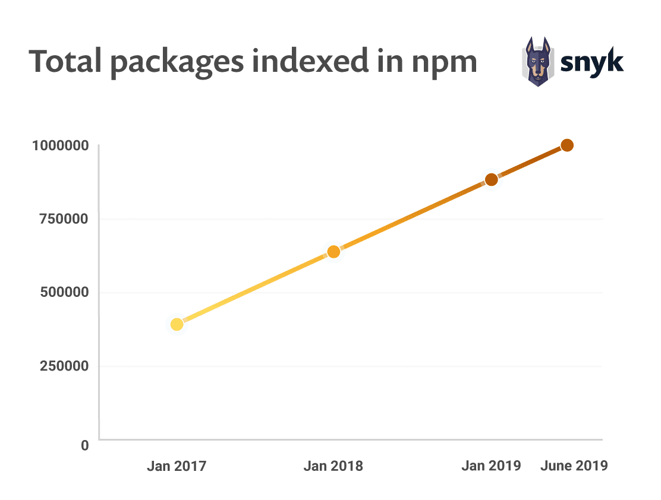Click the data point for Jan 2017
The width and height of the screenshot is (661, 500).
point(177,324)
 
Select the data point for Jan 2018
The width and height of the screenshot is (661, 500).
point(333,251)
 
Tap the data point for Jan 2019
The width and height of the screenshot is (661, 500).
point(491,179)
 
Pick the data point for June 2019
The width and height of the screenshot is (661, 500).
point(568,145)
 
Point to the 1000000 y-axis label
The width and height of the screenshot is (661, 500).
point(61,145)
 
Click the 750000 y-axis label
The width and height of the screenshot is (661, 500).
point(64,219)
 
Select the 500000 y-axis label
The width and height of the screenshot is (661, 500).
point(65,292)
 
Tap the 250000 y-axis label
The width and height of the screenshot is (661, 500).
point(65,366)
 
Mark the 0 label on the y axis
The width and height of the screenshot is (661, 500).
point(85,445)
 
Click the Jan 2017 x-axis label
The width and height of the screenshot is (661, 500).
point(177,466)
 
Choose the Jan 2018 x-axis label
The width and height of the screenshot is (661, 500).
point(333,466)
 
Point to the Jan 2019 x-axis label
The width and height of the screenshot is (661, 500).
point(491,466)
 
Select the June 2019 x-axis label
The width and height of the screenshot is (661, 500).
point(574,466)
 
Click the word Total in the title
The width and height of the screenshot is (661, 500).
point(65,61)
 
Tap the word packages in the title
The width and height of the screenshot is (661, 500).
point(178,64)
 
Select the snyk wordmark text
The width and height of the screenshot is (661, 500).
point(592,63)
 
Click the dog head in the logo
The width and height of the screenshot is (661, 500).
point(537,62)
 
